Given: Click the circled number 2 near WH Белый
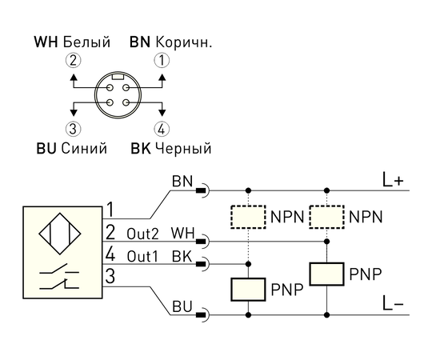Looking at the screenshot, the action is [x=74, y=61].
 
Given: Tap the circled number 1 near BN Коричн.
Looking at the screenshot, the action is [x=162, y=61].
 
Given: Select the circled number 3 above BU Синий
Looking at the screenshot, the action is [x=74, y=129].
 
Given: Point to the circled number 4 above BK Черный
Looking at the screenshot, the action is [x=162, y=129].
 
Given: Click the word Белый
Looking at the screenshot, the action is [x=86, y=42].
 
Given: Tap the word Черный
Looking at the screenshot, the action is [x=183, y=148].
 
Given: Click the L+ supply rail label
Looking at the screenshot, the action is [x=393, y=180].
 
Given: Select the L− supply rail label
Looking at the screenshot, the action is [x=393, y=303].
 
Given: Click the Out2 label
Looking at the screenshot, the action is [x=143, y=234].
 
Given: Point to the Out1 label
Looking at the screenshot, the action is [x=142, y=257].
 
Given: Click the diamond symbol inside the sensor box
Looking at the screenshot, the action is [x=59, y=234].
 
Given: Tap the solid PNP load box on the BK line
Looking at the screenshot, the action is [x=248, y=290].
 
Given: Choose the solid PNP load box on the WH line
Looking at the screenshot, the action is [x=327, y=274].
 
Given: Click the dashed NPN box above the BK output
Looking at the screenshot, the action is [x=248, y=217].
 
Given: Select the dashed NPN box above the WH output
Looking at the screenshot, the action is [x=327, y=217].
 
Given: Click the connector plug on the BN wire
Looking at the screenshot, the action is [x=202, y=191].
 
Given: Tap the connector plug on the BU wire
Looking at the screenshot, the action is [x=202, y=315].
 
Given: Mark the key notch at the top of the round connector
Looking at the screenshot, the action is [x=118, y=77].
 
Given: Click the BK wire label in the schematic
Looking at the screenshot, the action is [x=182, y=256].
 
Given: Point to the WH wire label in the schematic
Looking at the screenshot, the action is [x=182, y=234].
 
